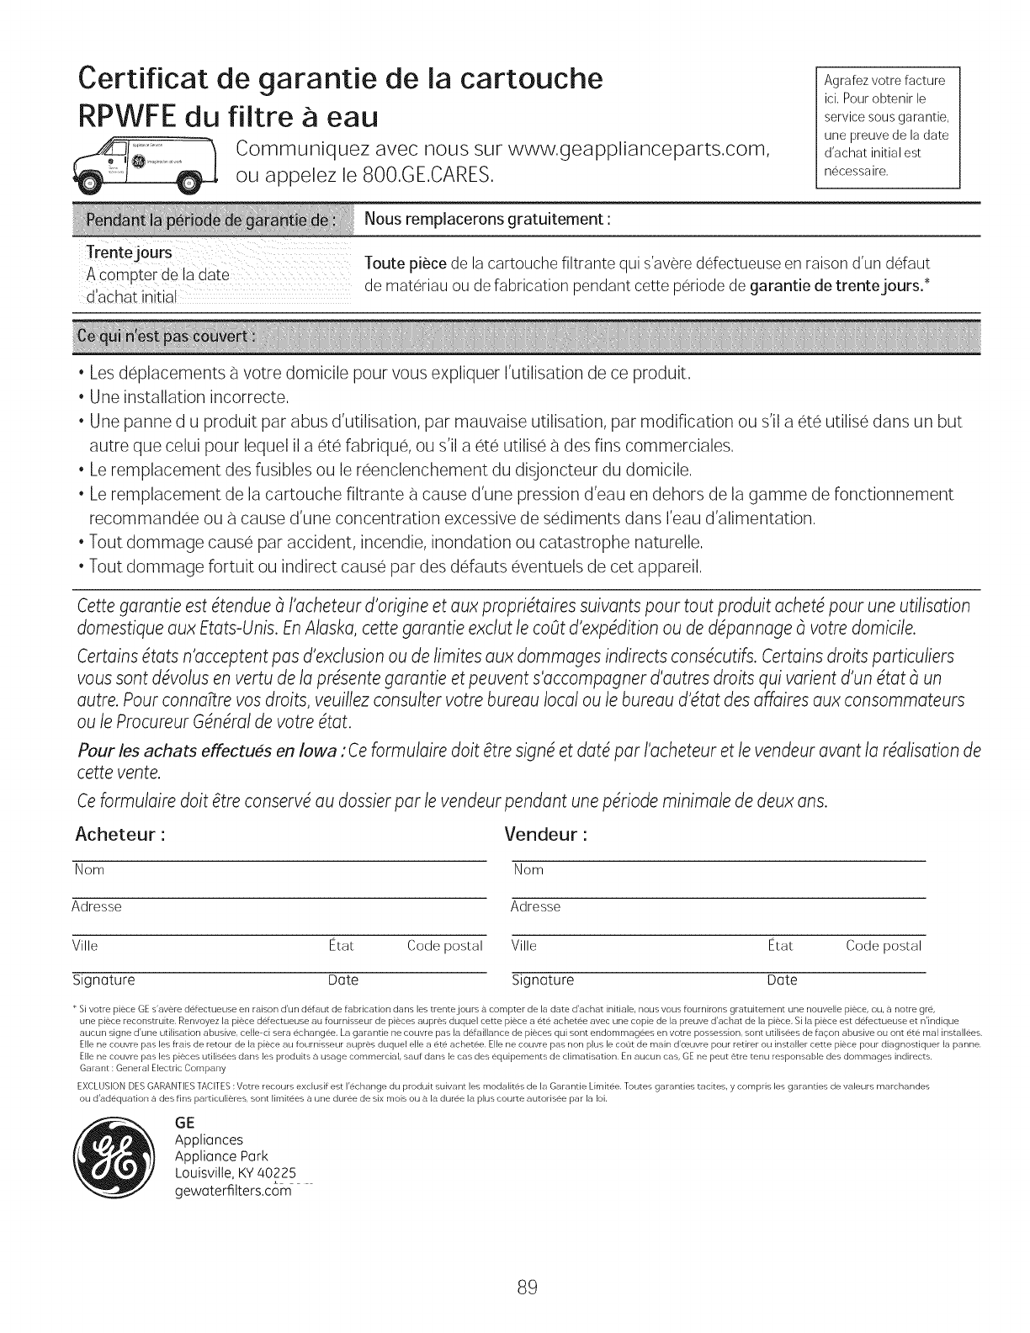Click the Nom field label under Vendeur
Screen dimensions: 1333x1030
coord(528,869)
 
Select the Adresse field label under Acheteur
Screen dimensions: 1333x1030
coord(97,906)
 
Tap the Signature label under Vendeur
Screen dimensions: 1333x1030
coord(543,980)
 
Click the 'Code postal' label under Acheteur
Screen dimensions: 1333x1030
coord(444,946)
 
